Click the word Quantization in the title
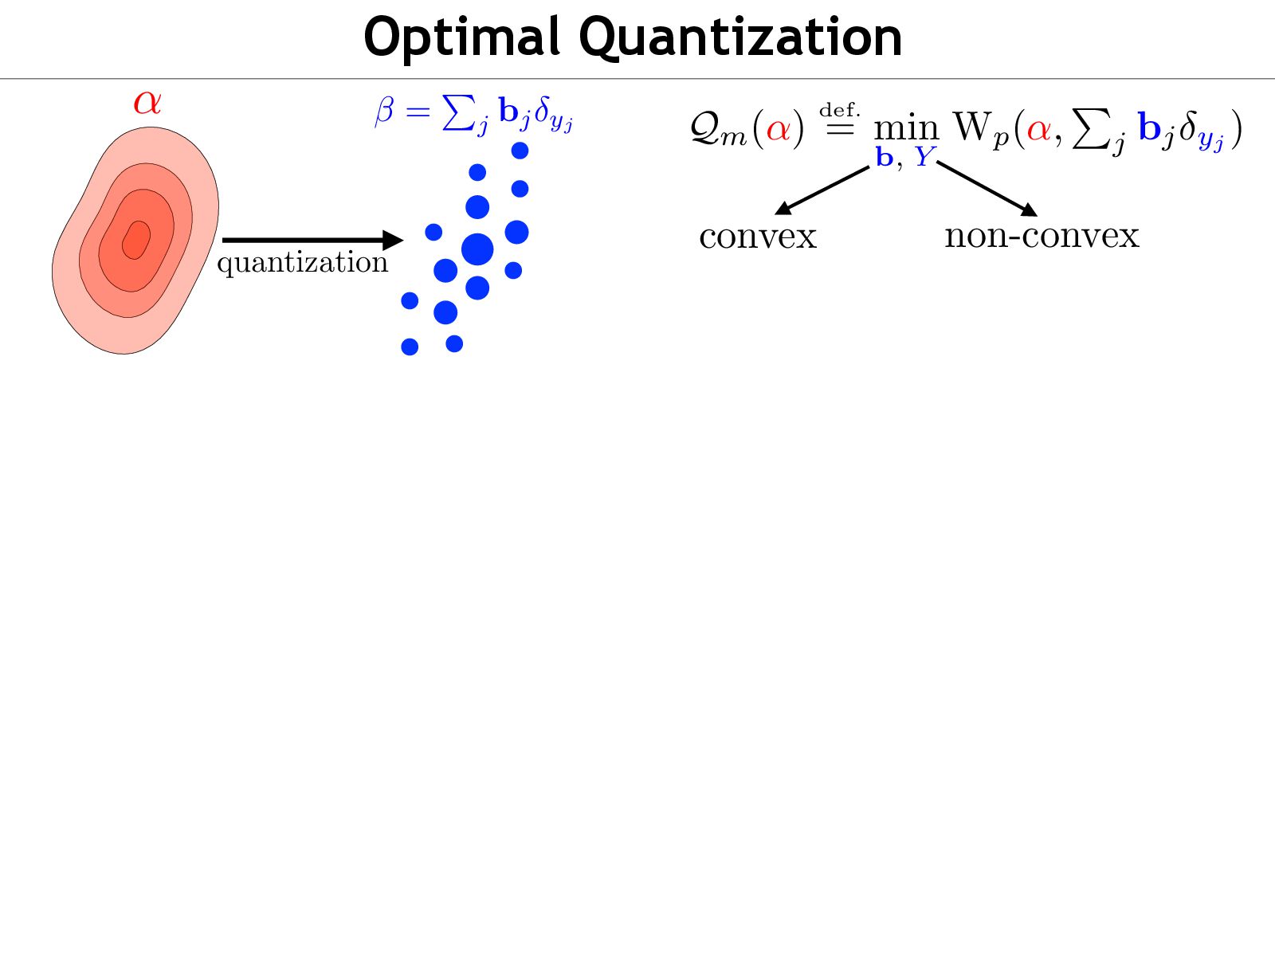pyautogui.click(x=740, y=37)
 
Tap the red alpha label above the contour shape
pyautogui.click(x=147, y=102)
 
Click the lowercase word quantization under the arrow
pyautogui.click(x=302, y=262)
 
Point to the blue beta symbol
pyautogui.click(x=384, y=111)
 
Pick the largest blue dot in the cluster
pyautogui.click(x=477, y=249)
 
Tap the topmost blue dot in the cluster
pyautogui.click(x=520, y=151)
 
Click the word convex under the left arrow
pyautogui.click(x=758, y=237)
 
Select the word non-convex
pyautogui.click(x=1042, y=236)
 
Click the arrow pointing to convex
pyautogui.click(x=822, y=190)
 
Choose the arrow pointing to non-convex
pyautogui.click(x=987, y=189)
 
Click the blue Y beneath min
pyautogui.click(x=924, y=157)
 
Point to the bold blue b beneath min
pyautogui.click(x=884, y=157)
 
